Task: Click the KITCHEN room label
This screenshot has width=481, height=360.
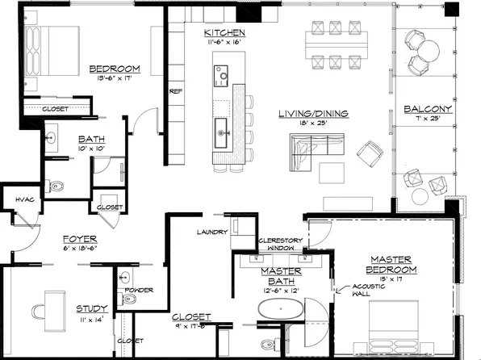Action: (221, 30)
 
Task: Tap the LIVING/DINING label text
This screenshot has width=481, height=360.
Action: (312, 114)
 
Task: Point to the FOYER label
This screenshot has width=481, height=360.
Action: (80, 239)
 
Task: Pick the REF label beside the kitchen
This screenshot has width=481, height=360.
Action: (175, 91)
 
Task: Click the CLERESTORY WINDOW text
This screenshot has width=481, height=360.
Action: (279, 245)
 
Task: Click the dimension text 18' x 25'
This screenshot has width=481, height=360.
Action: (312, 124)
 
